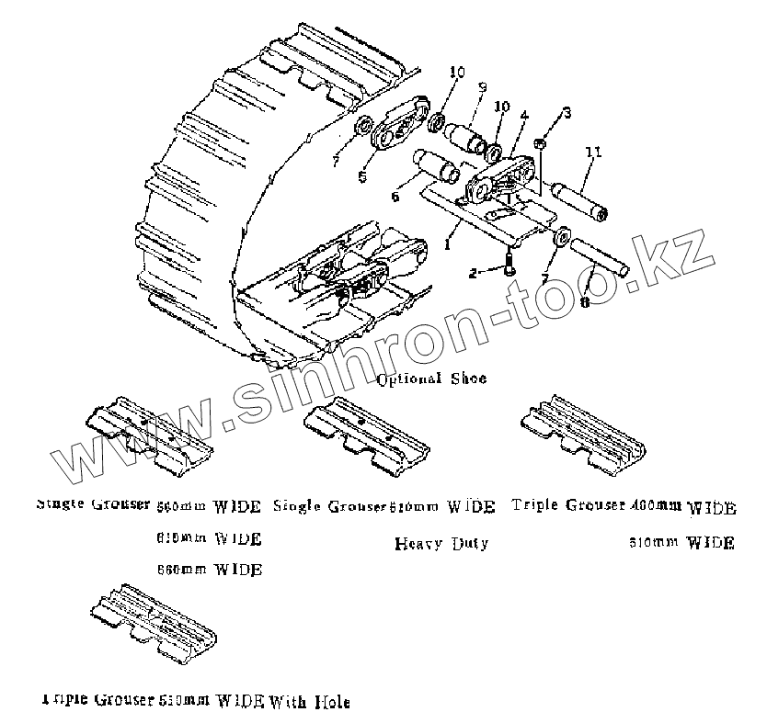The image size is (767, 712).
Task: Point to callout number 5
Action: click(523, 116)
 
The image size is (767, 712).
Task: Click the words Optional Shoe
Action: click(432, 379)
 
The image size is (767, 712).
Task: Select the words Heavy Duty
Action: click(441, 543)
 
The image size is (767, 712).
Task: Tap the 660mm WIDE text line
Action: click(210, 570)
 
